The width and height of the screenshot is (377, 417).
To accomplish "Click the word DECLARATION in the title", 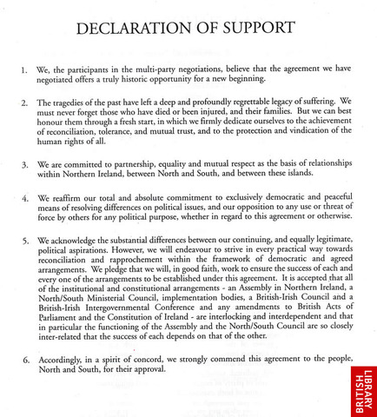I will [139, 29].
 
